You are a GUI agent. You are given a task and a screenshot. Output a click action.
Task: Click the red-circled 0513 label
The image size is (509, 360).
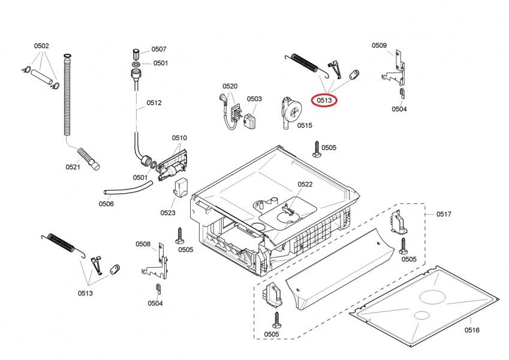(x=324, y=100)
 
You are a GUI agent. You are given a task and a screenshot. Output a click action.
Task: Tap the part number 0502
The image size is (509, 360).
(x=41, y=46)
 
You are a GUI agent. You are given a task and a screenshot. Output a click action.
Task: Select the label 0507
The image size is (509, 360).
(x=159, y=49)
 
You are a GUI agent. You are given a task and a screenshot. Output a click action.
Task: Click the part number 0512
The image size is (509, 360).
(x=154, y=103)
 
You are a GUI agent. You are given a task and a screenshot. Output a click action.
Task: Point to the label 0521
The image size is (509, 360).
(x=73, y=167)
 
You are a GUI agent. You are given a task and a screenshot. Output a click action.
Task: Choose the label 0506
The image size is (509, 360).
(x=106, y=204)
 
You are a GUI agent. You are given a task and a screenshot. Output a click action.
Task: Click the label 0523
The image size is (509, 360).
(x=168, y=212)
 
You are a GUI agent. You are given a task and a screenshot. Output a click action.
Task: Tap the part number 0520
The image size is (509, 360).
(x=230, y=86)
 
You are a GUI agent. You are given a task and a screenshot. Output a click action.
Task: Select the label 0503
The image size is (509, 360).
(x=254, y=99)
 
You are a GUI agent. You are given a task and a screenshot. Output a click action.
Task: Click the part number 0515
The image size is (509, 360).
(x=305, y=125)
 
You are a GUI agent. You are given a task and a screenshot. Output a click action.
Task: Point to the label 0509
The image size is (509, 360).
(x=379, y=45)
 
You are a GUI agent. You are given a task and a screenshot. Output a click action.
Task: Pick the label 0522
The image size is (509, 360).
(x=305, y=184)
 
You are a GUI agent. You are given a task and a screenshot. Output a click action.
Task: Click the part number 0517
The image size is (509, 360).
(x=444, y=214)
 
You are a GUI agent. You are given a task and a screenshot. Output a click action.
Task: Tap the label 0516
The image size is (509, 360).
(x=471, y=329)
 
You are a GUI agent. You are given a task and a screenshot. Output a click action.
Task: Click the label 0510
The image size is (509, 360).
(x=179, y=138)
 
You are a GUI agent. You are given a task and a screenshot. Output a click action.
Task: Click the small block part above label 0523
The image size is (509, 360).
(x=180, y=187)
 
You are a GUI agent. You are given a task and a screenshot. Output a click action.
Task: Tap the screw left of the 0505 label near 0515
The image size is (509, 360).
(x=315, y=149)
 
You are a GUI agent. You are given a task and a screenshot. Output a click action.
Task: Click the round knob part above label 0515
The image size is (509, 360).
(x=293, y=112)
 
